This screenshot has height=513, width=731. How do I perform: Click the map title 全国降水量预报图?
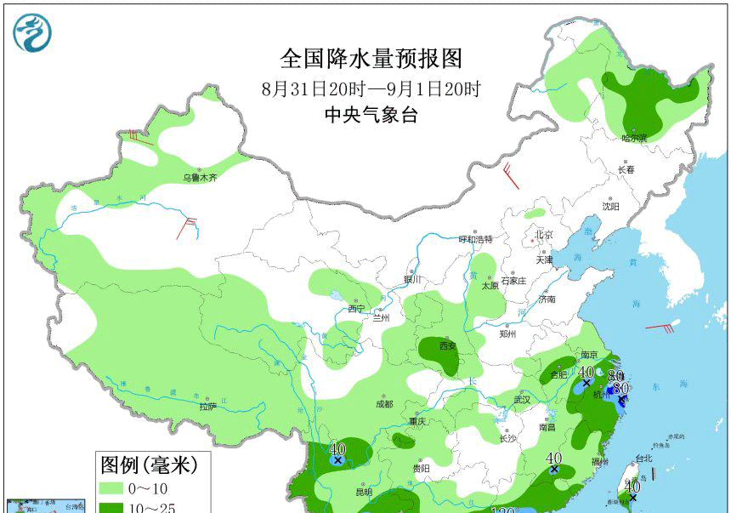coord(371,59)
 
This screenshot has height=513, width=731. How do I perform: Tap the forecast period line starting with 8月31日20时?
coord(371,88)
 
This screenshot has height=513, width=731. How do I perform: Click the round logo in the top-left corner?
coord(32,33)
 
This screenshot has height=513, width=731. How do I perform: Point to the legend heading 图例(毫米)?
coord(149,465)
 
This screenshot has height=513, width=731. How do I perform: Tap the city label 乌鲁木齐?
coord(201,178)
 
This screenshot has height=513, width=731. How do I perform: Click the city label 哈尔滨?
coord(633,138)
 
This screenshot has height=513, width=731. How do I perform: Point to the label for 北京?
coord(544,235)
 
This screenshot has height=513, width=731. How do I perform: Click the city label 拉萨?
coord(209,407)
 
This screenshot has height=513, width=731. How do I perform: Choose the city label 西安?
coord(448,346)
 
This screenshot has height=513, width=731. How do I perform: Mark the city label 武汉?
coord(521,399)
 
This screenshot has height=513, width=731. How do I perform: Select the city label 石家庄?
coord(513,281)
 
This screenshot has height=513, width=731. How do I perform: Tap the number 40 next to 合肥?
coord(585,372)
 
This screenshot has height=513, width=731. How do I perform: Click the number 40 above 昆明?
coord(337,448)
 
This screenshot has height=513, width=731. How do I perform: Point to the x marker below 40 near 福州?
coord(554,469)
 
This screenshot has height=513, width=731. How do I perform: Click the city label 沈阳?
coord(610,206)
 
